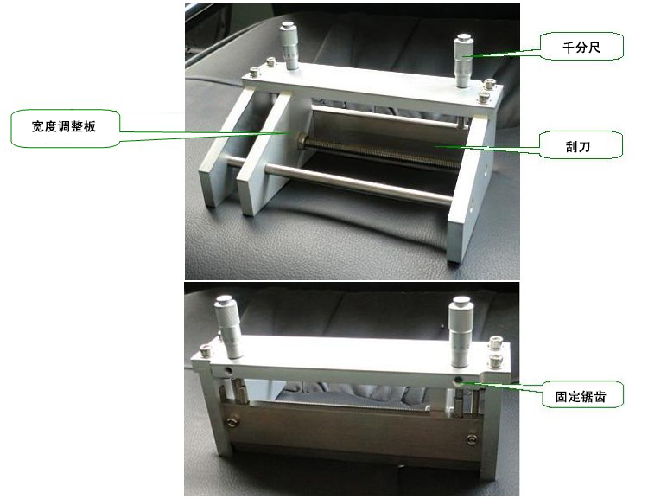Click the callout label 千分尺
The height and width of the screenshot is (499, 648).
pos(581,48)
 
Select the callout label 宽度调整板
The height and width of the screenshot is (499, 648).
pos(65,126)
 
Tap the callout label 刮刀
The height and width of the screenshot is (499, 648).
pos(578,145)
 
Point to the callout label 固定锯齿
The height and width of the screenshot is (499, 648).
pos(581,396)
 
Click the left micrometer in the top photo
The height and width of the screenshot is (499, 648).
pos(289,46)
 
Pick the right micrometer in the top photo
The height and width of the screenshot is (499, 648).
pos(464,61)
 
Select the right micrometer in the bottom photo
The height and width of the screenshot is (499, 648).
pos(461,332)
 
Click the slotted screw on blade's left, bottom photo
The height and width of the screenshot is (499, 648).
pos(231,422)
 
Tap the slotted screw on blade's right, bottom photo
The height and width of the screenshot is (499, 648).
pos(471,439)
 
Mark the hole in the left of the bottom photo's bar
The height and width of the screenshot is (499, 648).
pos(226,369)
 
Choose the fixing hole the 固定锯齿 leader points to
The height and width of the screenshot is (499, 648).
pos(458,380)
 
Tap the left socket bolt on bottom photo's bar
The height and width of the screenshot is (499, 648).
pos(206,350)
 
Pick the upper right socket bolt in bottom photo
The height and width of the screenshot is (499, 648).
pos(496,343)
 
